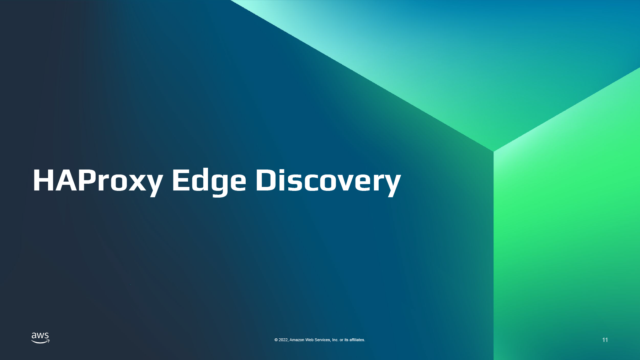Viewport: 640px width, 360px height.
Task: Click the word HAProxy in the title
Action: [x=98, y=181]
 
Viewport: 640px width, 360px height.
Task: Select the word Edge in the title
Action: [x=209, y=181]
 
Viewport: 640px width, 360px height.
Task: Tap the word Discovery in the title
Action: [x=328, y=181]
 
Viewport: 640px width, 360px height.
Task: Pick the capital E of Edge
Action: [x=180, y=180]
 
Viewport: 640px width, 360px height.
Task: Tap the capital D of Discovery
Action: [x=266, y=180]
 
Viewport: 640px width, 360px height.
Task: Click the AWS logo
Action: [x=41, y=338]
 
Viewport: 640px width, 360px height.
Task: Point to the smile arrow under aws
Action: [x=41, y=342]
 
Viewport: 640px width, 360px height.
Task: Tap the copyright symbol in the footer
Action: [x=276, y=340]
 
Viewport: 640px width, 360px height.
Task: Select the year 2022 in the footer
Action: [x=283, y=340]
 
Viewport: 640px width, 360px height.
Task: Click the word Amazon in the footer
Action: [x=297, y=340]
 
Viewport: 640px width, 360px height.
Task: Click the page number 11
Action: [x=605, y=340]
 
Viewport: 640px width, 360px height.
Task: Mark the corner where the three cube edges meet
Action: [x=494, y=151]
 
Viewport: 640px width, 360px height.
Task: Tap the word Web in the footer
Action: [x=309, y=340]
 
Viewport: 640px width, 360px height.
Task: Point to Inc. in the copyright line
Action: [x=335, y=340]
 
